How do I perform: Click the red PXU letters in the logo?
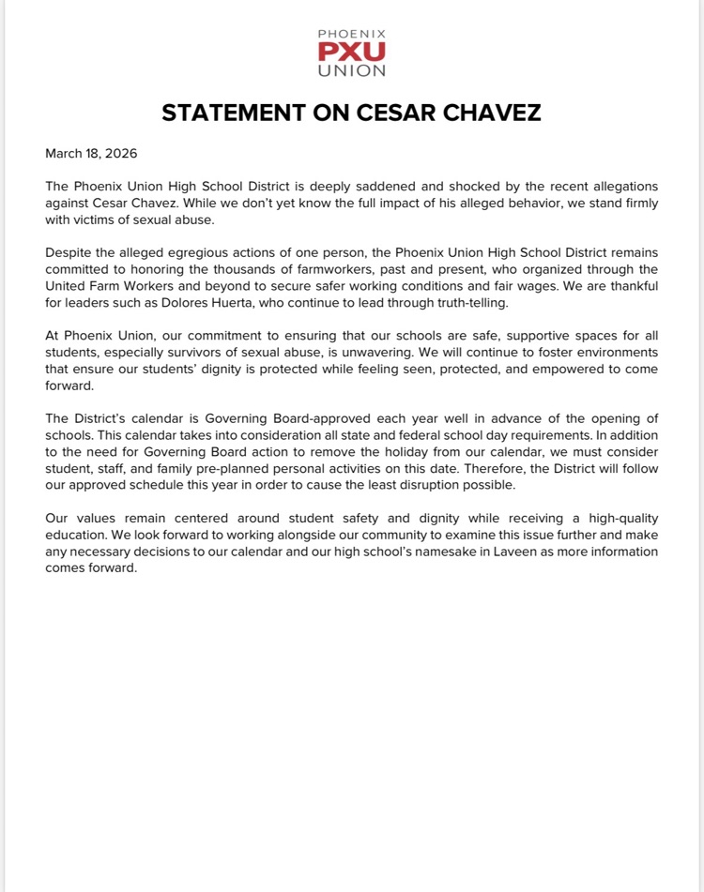point(351,51)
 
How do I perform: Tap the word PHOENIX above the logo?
point(351,34)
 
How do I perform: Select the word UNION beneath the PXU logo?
point(351,69)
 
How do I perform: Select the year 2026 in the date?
point(121,153)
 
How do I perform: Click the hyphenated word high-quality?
point(616,517)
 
